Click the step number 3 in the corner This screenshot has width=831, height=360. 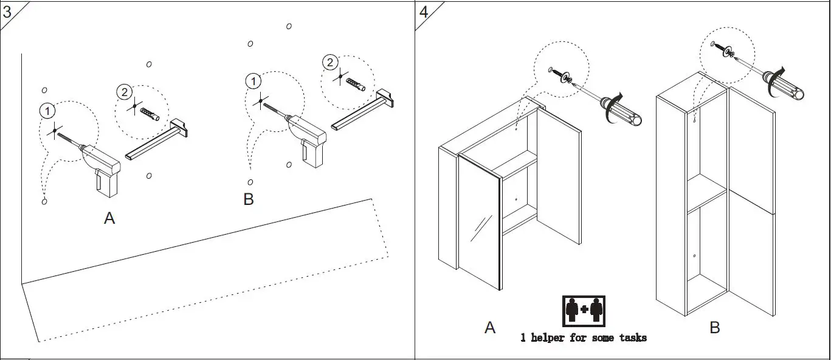point(7,12)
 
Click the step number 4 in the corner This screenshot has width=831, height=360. point(424,12)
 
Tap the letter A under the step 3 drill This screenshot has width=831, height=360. point(109,218)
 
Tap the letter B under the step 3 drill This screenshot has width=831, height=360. point(248,199)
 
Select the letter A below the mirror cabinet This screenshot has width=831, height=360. point(490,328)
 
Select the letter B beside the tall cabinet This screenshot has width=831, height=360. point(715,328)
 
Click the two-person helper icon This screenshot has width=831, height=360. point(584,310)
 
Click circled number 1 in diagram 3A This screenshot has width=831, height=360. point(47,111)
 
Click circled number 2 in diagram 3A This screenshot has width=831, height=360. point(124,92)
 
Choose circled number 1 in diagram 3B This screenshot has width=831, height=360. point(253,81)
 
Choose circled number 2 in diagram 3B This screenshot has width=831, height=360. point(329,62)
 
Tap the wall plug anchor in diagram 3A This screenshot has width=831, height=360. point(149,113)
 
